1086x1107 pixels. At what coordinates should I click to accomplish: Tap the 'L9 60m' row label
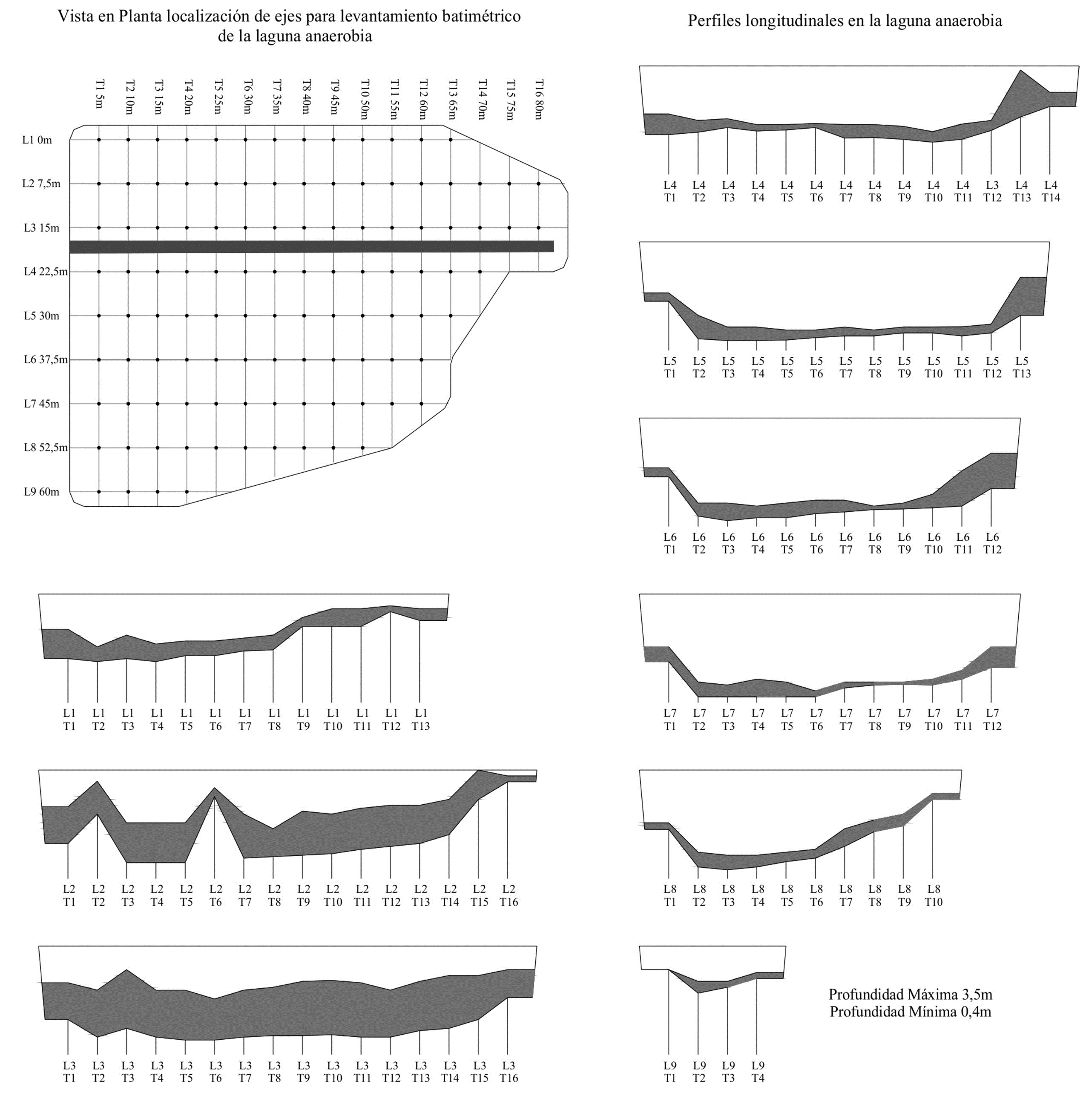pos(41,492)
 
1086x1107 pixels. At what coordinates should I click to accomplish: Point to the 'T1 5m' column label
pos(100,94)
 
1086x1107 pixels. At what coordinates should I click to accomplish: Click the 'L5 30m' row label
pos(41,316)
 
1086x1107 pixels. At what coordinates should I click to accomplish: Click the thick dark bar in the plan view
pos(311,247)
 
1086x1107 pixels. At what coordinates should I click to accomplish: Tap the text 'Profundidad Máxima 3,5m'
pos(911,994)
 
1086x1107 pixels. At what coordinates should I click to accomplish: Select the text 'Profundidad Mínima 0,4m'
pos(911,1011)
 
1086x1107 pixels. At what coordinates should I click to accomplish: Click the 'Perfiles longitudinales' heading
pos(845,21)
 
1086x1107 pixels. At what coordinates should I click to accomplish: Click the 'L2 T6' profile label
pos(215,895)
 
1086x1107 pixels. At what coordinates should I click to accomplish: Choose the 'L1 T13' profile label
pos(420,719)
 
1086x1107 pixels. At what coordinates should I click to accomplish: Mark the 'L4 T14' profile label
pos(1050,191)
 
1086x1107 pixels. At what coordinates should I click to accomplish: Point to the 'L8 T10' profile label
pos(933,895)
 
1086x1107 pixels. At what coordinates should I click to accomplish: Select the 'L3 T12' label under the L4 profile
pos(992,191)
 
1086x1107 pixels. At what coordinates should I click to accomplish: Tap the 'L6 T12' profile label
pos(992,543)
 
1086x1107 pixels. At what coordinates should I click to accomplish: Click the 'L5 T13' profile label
pos(1022,367)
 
